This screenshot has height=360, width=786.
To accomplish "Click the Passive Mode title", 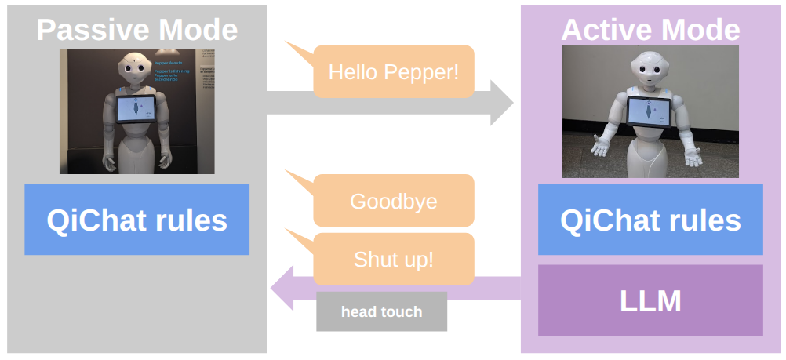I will click(136, 30).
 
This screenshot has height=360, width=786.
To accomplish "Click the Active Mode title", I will click(650, 30).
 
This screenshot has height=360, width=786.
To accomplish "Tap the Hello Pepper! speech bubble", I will click(393, 72).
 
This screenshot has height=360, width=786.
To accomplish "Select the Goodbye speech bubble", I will click(393, 201).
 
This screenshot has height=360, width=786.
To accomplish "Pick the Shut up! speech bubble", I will click(393, 259).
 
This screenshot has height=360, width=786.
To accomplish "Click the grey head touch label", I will click(381, 311).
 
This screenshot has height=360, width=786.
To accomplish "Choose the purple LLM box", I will click(650, 300).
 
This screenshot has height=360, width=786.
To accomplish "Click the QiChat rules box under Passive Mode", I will click(136, 220).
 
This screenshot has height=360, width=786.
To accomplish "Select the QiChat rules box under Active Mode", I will click(650, 220).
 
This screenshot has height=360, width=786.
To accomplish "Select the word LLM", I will click(650, 300).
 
